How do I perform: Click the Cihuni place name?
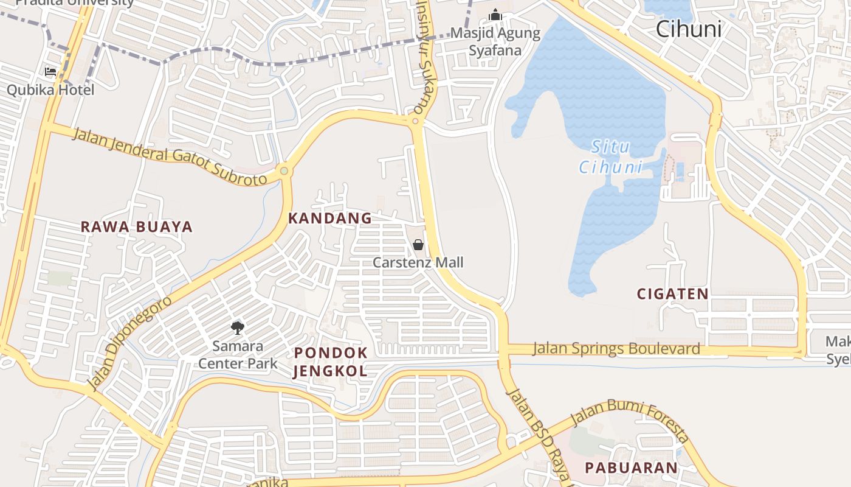pyautogui.click(x=689, y=29)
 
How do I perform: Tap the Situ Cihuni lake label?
pyautogui.click(x=610, y=157)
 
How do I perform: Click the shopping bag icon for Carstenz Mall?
pyautogui.click(x=418, y=245)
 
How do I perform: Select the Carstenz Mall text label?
pyautogui.click(x=418, y=262)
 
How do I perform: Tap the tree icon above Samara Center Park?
pyautogui.click(x=237, y=328)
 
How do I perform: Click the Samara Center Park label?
pyautogui.click(x=238, y=355)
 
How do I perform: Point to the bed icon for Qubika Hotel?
pyautogui.click(x=51, y=72)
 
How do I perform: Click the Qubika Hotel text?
pyautogui.click(x=50, y=90)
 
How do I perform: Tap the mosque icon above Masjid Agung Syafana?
pyautogui.click(x=495, y=14)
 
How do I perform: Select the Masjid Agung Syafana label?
pyautogui.click(x=495, y=41)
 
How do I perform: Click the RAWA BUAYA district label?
pyautogui.click(x=137, y=227)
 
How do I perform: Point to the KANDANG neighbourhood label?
pyautogui.click(x=329, y=218)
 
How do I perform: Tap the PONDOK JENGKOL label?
pyautogui.click(x=331, y=362)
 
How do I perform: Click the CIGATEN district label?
pyautogui.click(x=672, y=294)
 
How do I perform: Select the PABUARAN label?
pyautogui.click(x=631, y=468)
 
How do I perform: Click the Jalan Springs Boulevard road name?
pyautogui.click(x=616, y=349)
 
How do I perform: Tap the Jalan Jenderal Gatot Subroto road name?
pyautogui.click(x=170, y=156)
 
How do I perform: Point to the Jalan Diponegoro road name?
pyautogui.click(x=129, y=343)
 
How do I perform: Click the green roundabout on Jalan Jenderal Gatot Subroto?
pyautogui.click(x=284, y=171)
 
